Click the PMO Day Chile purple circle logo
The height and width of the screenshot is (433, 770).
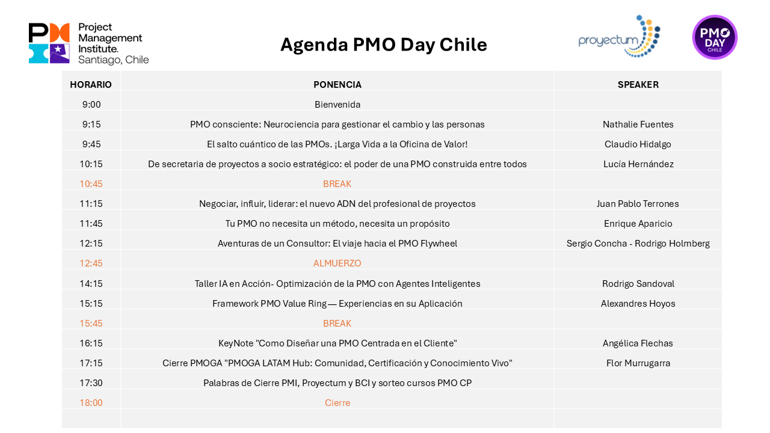click(715, 37)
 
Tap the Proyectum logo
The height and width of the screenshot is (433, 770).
click(619, 37)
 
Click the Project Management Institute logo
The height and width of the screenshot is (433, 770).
click(88, 43)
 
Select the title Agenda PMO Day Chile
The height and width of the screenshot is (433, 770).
click(384, 45)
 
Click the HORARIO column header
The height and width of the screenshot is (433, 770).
click(91, 85)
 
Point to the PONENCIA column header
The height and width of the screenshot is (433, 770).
click(337, 85)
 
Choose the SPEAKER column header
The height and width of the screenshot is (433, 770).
click(638, 85)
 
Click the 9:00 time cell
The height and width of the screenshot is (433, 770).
click(91, 105)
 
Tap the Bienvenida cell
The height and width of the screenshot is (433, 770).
click(337, 105)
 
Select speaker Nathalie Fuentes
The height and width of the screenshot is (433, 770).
click(638, 124)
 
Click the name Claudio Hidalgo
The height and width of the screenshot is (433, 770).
click(638, 144)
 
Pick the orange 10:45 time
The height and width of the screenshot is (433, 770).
click(91, 184)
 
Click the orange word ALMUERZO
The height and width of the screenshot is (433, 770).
click(337, 263)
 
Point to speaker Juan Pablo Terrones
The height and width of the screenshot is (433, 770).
click(638, 204)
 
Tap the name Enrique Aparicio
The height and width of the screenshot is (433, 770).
click(638, 224)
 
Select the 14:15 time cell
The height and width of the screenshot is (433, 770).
click(91, 283)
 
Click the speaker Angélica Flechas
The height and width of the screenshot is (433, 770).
click(638, 343)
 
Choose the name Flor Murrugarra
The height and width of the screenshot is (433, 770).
click(638, 363)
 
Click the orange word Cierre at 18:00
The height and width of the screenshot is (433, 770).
click(337, 403)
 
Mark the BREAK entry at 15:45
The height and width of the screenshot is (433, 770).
click(337, 324)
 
